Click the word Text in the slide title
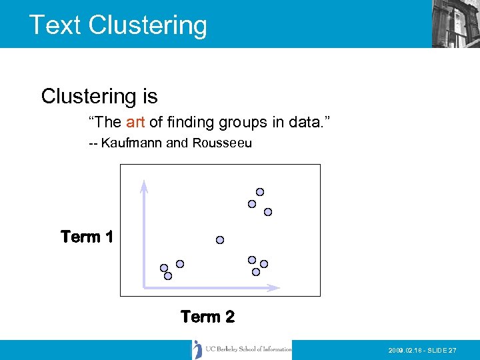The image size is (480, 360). pyautogui.click(x=55, y=25)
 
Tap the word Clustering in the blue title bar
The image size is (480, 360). pyautogui.click(x=147, y=25)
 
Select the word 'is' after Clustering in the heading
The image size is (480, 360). pyautogui.click(x=149, y=97)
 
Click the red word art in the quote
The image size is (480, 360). pyautogui.click(x=135, y=122)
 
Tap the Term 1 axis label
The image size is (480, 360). pyautogui.click(x=87, y=237)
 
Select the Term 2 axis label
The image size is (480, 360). pyautogui.click(x=207, y=317)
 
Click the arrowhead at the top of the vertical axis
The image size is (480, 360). pyautogui.click(x=143, y=185)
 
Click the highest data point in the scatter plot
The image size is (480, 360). pyautogui.click(x=260, y=192)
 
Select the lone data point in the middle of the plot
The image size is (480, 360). pyautogui.click(x=220, y=240)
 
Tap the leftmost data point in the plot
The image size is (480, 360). pyautogui.click(x=164, y=268)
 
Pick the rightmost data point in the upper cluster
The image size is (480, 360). pyautogui.click(x=268, y=212)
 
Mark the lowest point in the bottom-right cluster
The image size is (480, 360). pyautogui.click(x=256, y=272)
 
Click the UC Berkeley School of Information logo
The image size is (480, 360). pyautogui.click(x=242, y=349)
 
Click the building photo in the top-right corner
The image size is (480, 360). pyautogui.click(x=455, y=23)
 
